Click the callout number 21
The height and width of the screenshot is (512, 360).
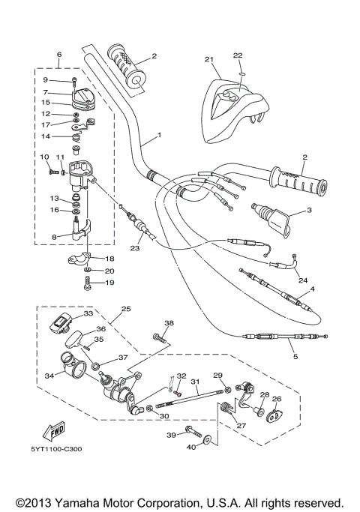tap(209, 59)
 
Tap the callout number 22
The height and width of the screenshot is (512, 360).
tap(238, 55)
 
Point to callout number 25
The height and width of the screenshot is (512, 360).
tap(126, 308)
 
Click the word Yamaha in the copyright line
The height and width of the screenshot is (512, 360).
tap(94, 502)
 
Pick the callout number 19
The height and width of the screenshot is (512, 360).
tap(109, 283)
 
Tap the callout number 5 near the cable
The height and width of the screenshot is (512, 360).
tap(295, 356)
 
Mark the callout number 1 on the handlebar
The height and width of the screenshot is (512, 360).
tap(160, 137)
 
